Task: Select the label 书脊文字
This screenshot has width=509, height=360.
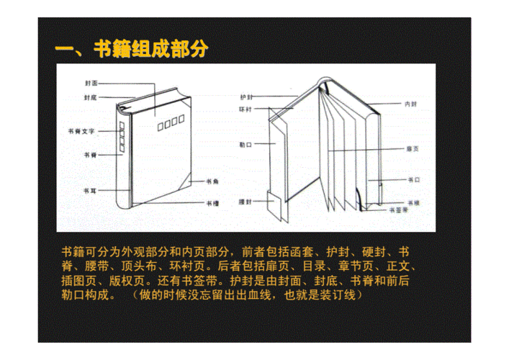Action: [81, 132]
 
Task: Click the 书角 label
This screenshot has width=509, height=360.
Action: [212, 181]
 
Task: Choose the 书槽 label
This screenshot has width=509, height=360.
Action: [212, 203]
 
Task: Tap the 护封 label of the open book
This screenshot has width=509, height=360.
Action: [246, 96]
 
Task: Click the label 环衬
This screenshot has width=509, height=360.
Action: [246, 109]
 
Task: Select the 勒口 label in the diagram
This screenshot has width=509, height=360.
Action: [246, 144]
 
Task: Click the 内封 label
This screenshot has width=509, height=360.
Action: [412, 104]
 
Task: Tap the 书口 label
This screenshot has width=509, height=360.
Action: [413, 179]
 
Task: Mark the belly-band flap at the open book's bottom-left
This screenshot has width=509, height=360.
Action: [274, 205]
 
